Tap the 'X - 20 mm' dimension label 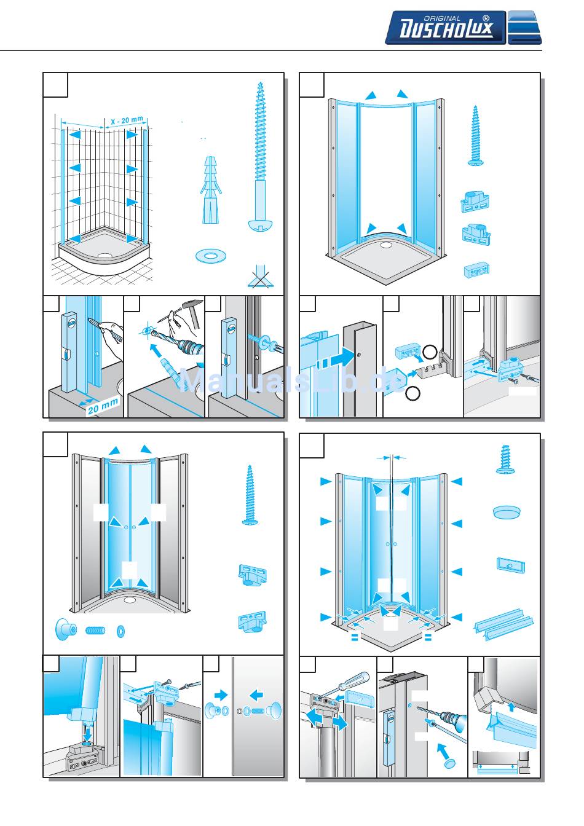127,120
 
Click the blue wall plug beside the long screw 210,191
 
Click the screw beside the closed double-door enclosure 249,495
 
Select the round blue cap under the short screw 508,511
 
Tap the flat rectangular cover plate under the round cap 510,565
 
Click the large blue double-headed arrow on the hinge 324,718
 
